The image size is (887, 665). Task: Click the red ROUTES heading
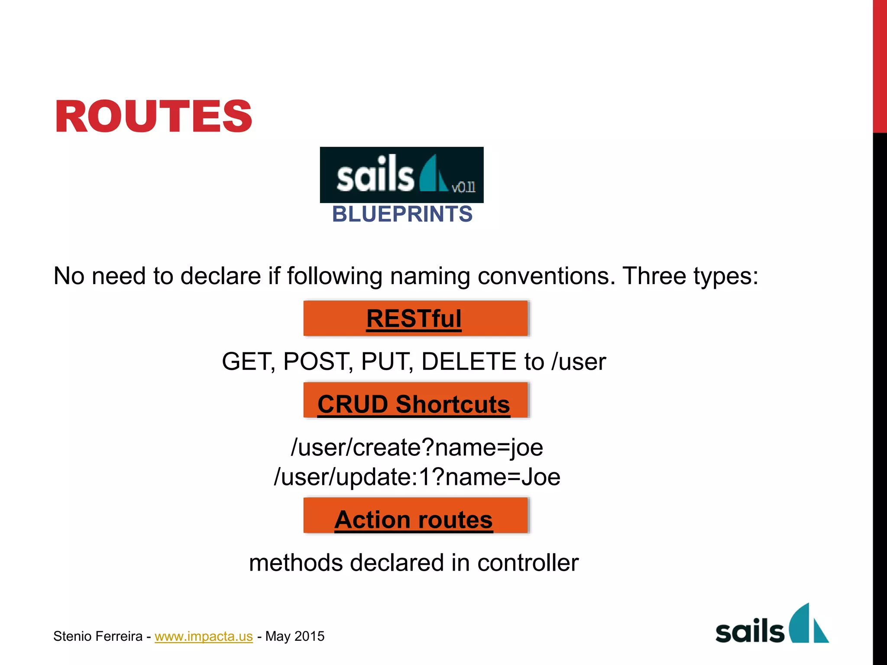click(x=153, y=116)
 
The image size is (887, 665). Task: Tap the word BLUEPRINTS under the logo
click(x=402, y=214)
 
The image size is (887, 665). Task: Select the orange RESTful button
click(x=415, y=319)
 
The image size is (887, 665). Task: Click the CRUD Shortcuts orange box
click(x=415, y=400)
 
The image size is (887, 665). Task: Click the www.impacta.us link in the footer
click(x=204, y=636)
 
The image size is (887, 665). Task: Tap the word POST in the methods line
click(x=317, y=362)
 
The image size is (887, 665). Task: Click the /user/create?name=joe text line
click(x=417, y=447)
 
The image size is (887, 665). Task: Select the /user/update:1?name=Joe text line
click(x=417, y=477)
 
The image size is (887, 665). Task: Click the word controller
click(x=528, y=563)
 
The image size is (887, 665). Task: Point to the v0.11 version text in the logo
click(x=463, y=187)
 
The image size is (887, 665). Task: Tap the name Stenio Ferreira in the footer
click(x=98, y=636)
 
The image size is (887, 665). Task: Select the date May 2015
click(x=295, y=636)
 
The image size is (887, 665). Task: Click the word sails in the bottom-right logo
click(x=750, y=632)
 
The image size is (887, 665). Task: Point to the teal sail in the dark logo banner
click(x=433, y=174)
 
